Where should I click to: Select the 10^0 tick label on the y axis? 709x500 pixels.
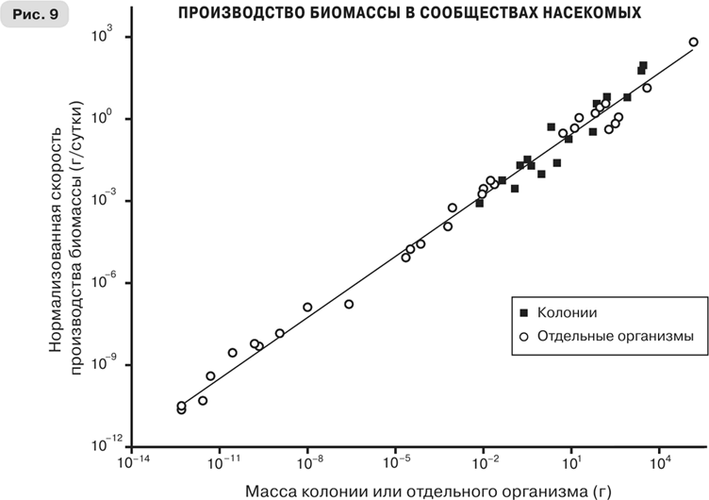point(104,119)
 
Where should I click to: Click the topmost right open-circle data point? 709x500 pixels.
point(693,42)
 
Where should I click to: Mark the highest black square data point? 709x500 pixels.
point(643,66)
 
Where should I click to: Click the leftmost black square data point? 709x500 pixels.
point(480,203)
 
